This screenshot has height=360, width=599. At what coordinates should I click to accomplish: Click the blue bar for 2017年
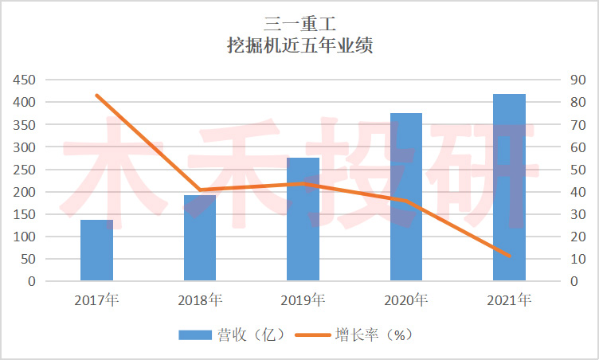96,250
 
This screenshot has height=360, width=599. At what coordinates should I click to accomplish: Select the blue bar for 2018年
200,238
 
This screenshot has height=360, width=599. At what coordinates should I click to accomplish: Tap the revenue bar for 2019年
303,219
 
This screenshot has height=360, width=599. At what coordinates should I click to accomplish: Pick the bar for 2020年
406,197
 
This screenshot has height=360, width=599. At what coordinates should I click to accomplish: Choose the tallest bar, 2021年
509,187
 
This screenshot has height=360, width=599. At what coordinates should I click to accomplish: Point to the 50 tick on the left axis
29,259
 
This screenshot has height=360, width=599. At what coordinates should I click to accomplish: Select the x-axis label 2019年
303,300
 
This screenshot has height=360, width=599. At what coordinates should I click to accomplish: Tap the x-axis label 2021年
509,300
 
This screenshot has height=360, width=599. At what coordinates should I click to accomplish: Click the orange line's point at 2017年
96,96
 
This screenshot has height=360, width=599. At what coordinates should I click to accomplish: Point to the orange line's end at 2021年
509,256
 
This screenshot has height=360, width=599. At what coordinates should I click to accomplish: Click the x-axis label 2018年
200,300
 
